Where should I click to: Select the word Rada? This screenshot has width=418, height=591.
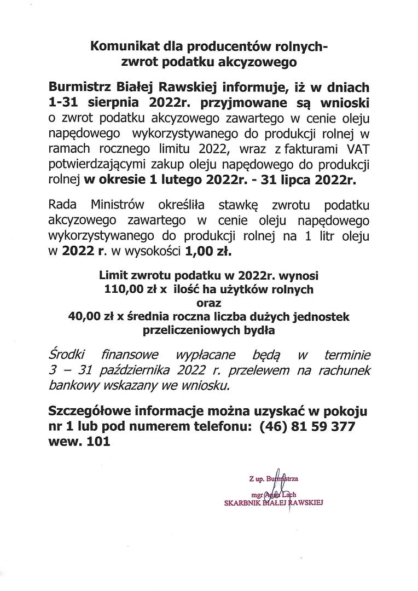(62, 205)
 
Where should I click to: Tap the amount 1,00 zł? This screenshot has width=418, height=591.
(208, 252)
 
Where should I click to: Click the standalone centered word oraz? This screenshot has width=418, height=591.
(209, 303)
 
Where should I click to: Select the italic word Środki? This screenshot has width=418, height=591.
(65, 356)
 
